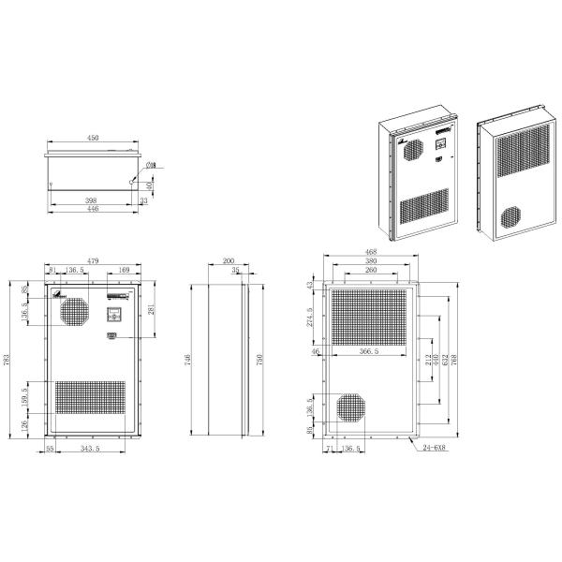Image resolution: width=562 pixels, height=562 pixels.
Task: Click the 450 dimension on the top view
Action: pyautogui.click(x=93, y=138)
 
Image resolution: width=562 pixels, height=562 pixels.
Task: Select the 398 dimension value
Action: pyautogui.click(x=90, y=200)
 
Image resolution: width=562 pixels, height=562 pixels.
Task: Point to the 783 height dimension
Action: pyautogui.click(x=7, y=360)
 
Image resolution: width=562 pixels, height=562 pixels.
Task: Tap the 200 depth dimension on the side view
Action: pyautogui.click(x=229, y=261)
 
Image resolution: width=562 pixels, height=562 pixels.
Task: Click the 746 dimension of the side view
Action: pyautogui.click(x=187, y=358)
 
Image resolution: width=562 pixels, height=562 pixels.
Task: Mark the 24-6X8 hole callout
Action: pyautogui.click(x=434, y=450)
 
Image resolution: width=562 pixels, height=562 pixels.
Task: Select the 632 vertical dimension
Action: pyautogui.click(x=444, y=359)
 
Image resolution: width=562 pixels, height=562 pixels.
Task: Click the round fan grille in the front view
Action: pyautogui.click(x=72, y=313)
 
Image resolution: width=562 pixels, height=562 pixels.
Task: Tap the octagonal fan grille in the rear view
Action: pyautogui.click(x=353, y=408)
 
